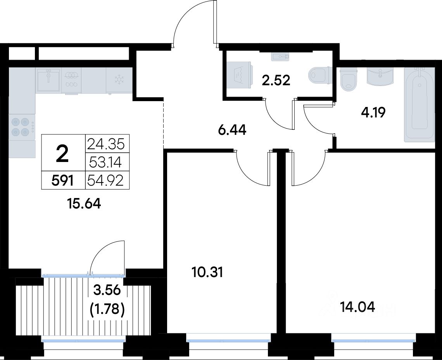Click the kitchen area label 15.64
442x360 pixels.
[84, 203]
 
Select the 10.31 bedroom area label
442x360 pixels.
[207, 272]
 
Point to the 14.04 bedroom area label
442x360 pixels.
[358, 307]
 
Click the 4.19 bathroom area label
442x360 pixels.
[373, 113]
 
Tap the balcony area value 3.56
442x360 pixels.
[107, 290]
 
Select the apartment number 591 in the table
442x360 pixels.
[62, 180]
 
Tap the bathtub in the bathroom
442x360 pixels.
[419, 105]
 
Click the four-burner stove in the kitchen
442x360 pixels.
[22, 127]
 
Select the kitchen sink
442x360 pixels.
[48, 80]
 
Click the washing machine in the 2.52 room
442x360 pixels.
[240, 75]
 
